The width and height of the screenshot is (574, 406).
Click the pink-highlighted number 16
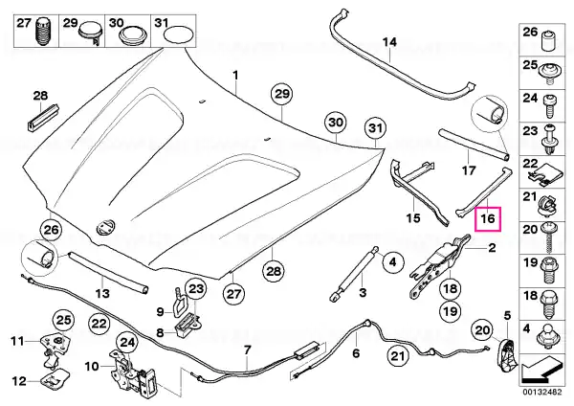click(487, 218)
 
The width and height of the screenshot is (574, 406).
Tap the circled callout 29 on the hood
click(282, 94)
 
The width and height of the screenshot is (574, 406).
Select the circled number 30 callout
click(336, 122)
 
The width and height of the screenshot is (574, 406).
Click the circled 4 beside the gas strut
click(392, 262)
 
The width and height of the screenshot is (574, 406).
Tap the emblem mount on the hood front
click(105, 227)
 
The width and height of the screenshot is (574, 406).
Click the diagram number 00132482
click(541, 392)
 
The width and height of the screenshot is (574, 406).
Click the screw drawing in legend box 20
click(547, 237)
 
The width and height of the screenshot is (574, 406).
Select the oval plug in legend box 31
click(179, 34)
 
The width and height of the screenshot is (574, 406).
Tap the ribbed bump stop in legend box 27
click(43, 31)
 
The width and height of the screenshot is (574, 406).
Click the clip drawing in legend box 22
click(542, 172)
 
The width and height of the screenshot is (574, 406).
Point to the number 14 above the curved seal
click(389, 42)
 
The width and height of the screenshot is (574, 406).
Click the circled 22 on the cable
click(99, 324)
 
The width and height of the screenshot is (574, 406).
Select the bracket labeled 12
click(55, 378)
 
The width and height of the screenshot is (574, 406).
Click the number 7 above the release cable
click(247, 350)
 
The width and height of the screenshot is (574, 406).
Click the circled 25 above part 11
click(64, 320)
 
